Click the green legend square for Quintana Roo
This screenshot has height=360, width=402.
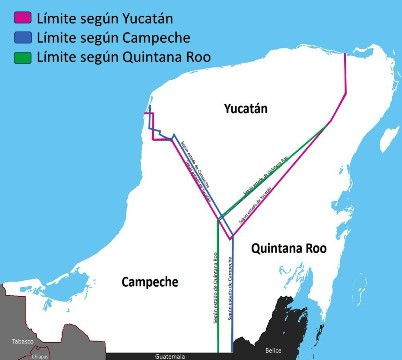click(x=15, y=50)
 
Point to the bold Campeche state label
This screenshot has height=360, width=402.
click(x=149, y=281)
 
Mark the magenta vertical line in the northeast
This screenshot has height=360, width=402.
click(x=346, y=75)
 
